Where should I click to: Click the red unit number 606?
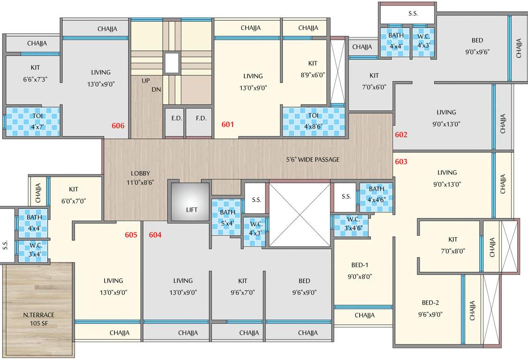click(118, 126)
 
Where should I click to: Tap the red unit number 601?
click(227, 125)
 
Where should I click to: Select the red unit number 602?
click(401, 135)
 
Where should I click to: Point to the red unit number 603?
click(401, 162)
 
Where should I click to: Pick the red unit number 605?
click(131, 235)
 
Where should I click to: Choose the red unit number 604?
click(155, 235)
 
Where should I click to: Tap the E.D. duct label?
click(176, 118)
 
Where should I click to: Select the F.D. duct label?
click(201, 118)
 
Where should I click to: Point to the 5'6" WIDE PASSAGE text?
click(313, 159)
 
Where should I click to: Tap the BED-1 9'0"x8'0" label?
click(360, 270)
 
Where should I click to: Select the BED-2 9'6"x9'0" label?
click(430, 308)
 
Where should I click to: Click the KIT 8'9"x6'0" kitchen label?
click(313, 68)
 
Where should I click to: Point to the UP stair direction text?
click(146, 81)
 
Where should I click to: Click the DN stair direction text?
click(156, 89)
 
